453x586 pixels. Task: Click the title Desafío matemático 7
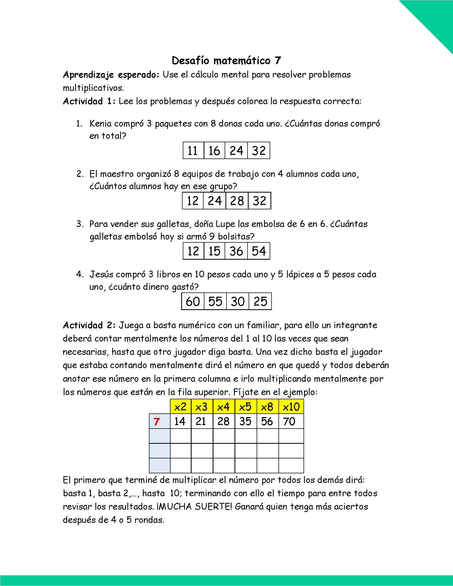coord(226,61)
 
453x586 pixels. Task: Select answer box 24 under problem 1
coord(236,150)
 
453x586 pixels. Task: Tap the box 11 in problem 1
coord(193,150)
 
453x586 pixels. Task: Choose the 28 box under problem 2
coord(237,201)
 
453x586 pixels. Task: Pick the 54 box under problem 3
coord(259,251)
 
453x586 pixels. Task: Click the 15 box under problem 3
coord(214,251)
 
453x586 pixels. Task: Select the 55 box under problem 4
coord(215,302)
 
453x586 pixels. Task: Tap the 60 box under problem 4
coord(193,302)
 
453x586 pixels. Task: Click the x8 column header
coord(267,407)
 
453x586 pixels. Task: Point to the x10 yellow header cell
coord(291,407)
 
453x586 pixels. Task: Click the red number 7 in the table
coord(156,422)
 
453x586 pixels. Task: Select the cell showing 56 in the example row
coord(267,422)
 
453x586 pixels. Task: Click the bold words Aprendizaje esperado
coord(111,75)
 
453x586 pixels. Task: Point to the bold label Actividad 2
coord(89,325)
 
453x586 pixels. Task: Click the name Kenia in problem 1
coord(101,124)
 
